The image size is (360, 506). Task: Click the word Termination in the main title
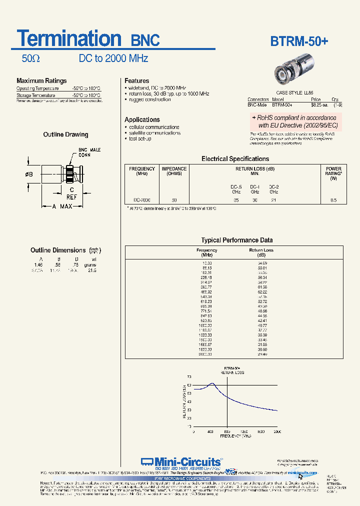pyautogui.click(x=69, y=38)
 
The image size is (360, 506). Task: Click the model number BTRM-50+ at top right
pyautogui.click(x=299, y=41)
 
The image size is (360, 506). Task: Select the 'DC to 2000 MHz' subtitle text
pyautogui.click(x=113, y=58)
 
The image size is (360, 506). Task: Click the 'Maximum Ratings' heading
pyautogui.click(x=41, y=81)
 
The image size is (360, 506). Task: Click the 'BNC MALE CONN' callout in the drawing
pyautogui.click(x=89, y=152)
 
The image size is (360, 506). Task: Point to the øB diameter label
pyautogui.click(x=28, y=174)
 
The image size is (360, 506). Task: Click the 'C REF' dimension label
pyautogui.click(x=72, y=193)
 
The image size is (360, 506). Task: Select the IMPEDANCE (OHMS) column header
pyautogui.click(x=174, y=171)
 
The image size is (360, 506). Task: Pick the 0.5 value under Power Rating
pyautogui.click(x=333, y=200)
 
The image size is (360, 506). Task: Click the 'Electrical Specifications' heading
pyautogui.click(x=235, y=159)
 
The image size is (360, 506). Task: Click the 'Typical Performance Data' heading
pyautogui.click(x=237, y=240)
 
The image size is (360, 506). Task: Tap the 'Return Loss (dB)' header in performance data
pyautogui.click(x=262, y=252)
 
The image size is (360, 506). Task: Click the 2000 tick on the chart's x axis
pyautogui.click(x=277, y=431)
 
